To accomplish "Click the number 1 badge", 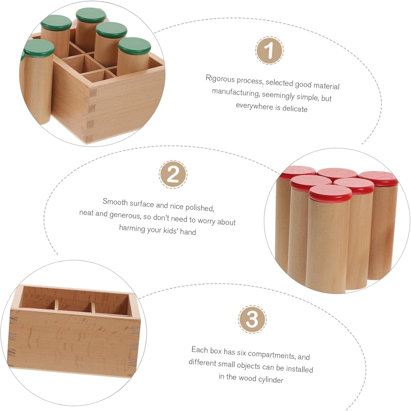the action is pyautogui.click(x=269, y=51).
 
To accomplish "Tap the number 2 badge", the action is pyautogui.click(x=173, y=174).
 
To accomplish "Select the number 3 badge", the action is pyautogui.click(x=252, y=319).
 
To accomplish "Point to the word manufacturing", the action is pyautogui.click(x=235, y=92).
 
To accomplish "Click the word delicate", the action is pyautogui.click(x=295, y=109).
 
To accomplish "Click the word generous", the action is pyautogui.click(x=125, y=216).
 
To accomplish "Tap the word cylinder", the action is pyautogui.click(x=271, y=380).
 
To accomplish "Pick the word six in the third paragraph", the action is pyautogui.click(x=241, y=352).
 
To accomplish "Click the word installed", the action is pyautogui.click(x=300, y=369).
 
